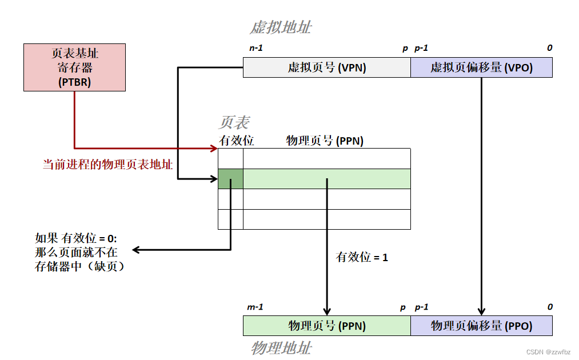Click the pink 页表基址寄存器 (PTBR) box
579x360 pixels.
pyautogui.click(x=74, y=67)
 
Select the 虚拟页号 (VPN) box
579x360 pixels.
pyautogui.click(x=327, y=67)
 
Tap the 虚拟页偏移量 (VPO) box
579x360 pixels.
pyautogui.click(x=481, y=67)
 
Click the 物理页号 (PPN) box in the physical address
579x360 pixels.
pyautogui.click(x=327, y=326)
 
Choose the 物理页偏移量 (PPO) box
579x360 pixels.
pyautogui.click(x=481, y=326)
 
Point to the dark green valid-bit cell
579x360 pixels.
pyautogui.click(x=230, y=179)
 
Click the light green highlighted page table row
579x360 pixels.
pyautogui.click(x=327, y=179)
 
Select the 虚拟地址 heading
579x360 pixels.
pyautogui.click(x=281, y=27)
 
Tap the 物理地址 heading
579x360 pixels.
pyautogui.click(x=281, y=348)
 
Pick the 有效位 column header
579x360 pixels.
pyautogui.click(x=236, y=140)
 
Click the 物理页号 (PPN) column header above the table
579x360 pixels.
pyautogui.click(x=325, y=140)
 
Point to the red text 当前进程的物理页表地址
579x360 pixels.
pyautogui.click(x=108, y=165)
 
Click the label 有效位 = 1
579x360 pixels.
pyautogui.click(x=362, y=257)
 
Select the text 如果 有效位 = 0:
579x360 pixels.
pyautogui.click(x=75, y=238)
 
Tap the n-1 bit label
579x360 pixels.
pyautogui.click(x=255, y=48)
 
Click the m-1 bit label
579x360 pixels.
pyautogui.click(x=255, y=307)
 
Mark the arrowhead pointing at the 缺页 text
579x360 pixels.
pyautogui.click(x=137, y=250)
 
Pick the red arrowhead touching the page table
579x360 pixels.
pyautogui.click(x=214, y=149)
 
